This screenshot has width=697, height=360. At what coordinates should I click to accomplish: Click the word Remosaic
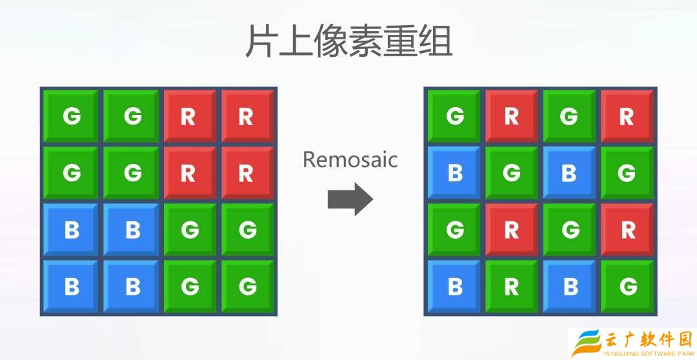(350, 159)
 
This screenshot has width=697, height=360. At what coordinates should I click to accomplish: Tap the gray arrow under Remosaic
(350, 199)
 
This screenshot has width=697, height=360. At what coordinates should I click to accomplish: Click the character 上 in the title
(294, 41)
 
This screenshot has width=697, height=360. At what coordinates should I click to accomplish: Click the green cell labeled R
(511, 286)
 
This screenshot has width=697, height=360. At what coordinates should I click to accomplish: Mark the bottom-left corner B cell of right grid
(454, 286)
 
